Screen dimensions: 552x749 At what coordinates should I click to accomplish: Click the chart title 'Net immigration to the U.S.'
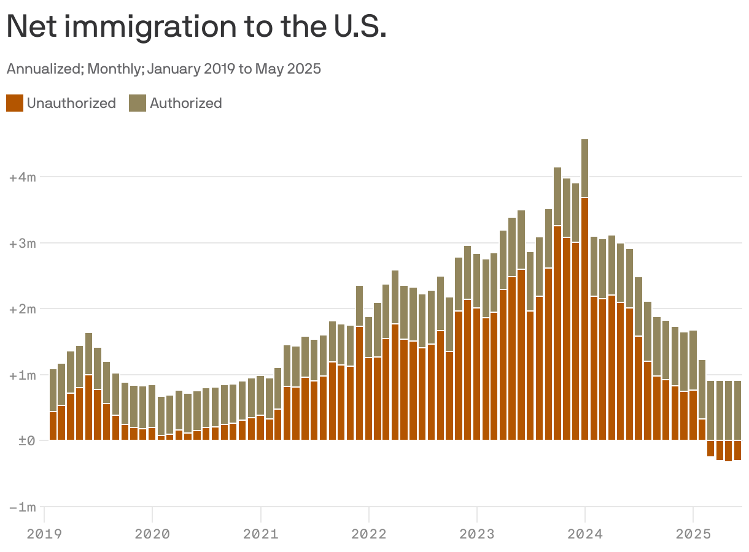pyautogui.click(x=196, y=27)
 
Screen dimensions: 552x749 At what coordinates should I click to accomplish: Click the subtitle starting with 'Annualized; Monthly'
pyautogui.click(x=163, y=69)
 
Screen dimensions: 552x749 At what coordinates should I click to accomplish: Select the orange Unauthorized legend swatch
pyautogui.click(x=15, y=103)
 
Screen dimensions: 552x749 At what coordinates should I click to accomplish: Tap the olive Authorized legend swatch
pyautogui.click(x=137, y=103)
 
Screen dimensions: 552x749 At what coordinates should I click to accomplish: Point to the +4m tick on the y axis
pyautogui.click(x=23, y=177)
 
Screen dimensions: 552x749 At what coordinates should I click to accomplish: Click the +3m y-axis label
pyautogui.click(x=23, y=243)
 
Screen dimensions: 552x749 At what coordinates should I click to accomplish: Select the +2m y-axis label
pyautogui.click(x=23, y=309)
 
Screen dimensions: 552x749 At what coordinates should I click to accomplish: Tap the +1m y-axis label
pyautogui.click(x=23, y=375)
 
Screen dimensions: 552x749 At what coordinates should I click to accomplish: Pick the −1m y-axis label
pyautogui.click(x=23, y=507)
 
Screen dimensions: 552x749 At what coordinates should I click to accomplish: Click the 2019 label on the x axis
pyautogui.click(x=44, y=533)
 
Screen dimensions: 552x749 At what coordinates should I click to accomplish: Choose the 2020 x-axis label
pyautogui.click(x=152, y=533)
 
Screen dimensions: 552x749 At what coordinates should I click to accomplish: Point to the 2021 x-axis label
pyautogui.click(x=260, y=533)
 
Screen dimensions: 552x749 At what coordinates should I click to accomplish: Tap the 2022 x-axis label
pyautogui.click(x=368, y=533)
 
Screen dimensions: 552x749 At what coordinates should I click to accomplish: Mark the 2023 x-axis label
pyautogui.click(x=476, y=533)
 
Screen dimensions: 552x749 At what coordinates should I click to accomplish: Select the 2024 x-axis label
pyautogui.click(x=585, y=533)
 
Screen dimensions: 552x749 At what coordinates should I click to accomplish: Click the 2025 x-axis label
pyautogui.click(x=693, y=533)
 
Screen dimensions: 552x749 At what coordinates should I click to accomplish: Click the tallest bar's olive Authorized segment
pyautogui.click(x=584, y=167)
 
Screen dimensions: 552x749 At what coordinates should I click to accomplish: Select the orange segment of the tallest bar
pyautogui.click(x=584, y=319)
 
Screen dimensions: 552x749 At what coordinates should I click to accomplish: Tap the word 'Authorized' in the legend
pyautogui.click(x=185, y=103)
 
